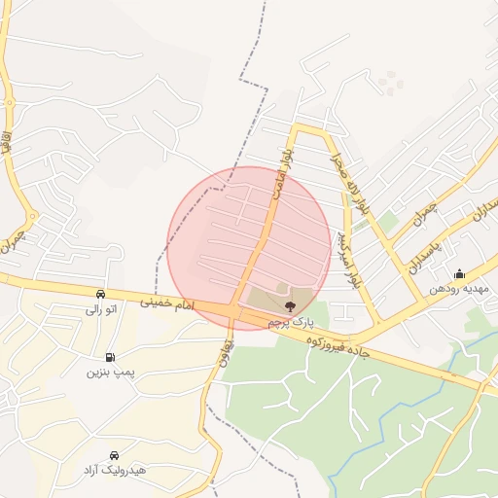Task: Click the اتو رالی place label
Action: click(101, 309)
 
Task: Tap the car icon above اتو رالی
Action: click(101, 294)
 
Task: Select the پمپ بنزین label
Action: click(109, 372)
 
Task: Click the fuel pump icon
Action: click(109, 357)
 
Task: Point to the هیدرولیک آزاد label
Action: click(115, 470)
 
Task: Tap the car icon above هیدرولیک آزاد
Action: click(115, 455)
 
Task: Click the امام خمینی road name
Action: click(167, 304)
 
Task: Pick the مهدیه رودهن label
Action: click(459, 289)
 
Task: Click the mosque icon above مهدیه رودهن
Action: click(460, 273)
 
